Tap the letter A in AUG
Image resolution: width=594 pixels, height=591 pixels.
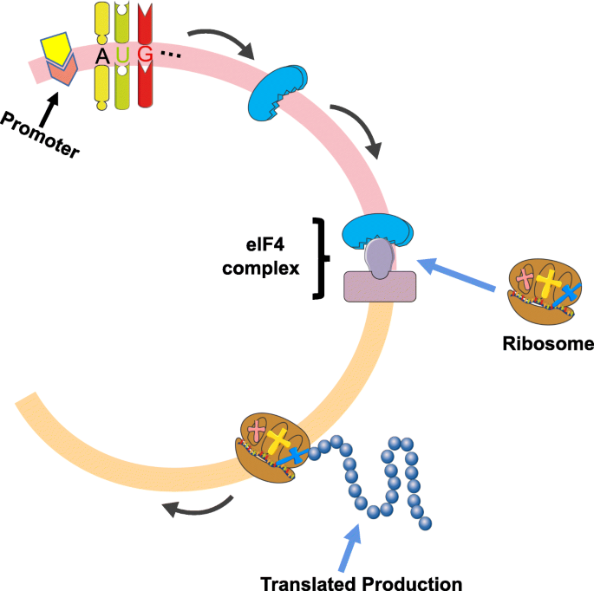pyautogui.click(x=103, y=56)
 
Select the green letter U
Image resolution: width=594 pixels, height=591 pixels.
pyautogui.click(x=124, y=56)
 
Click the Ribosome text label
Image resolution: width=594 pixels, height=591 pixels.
pyautogui.click(x=547, y=343)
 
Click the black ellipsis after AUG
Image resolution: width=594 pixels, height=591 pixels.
pyautogui.click(x=172, y=57)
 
